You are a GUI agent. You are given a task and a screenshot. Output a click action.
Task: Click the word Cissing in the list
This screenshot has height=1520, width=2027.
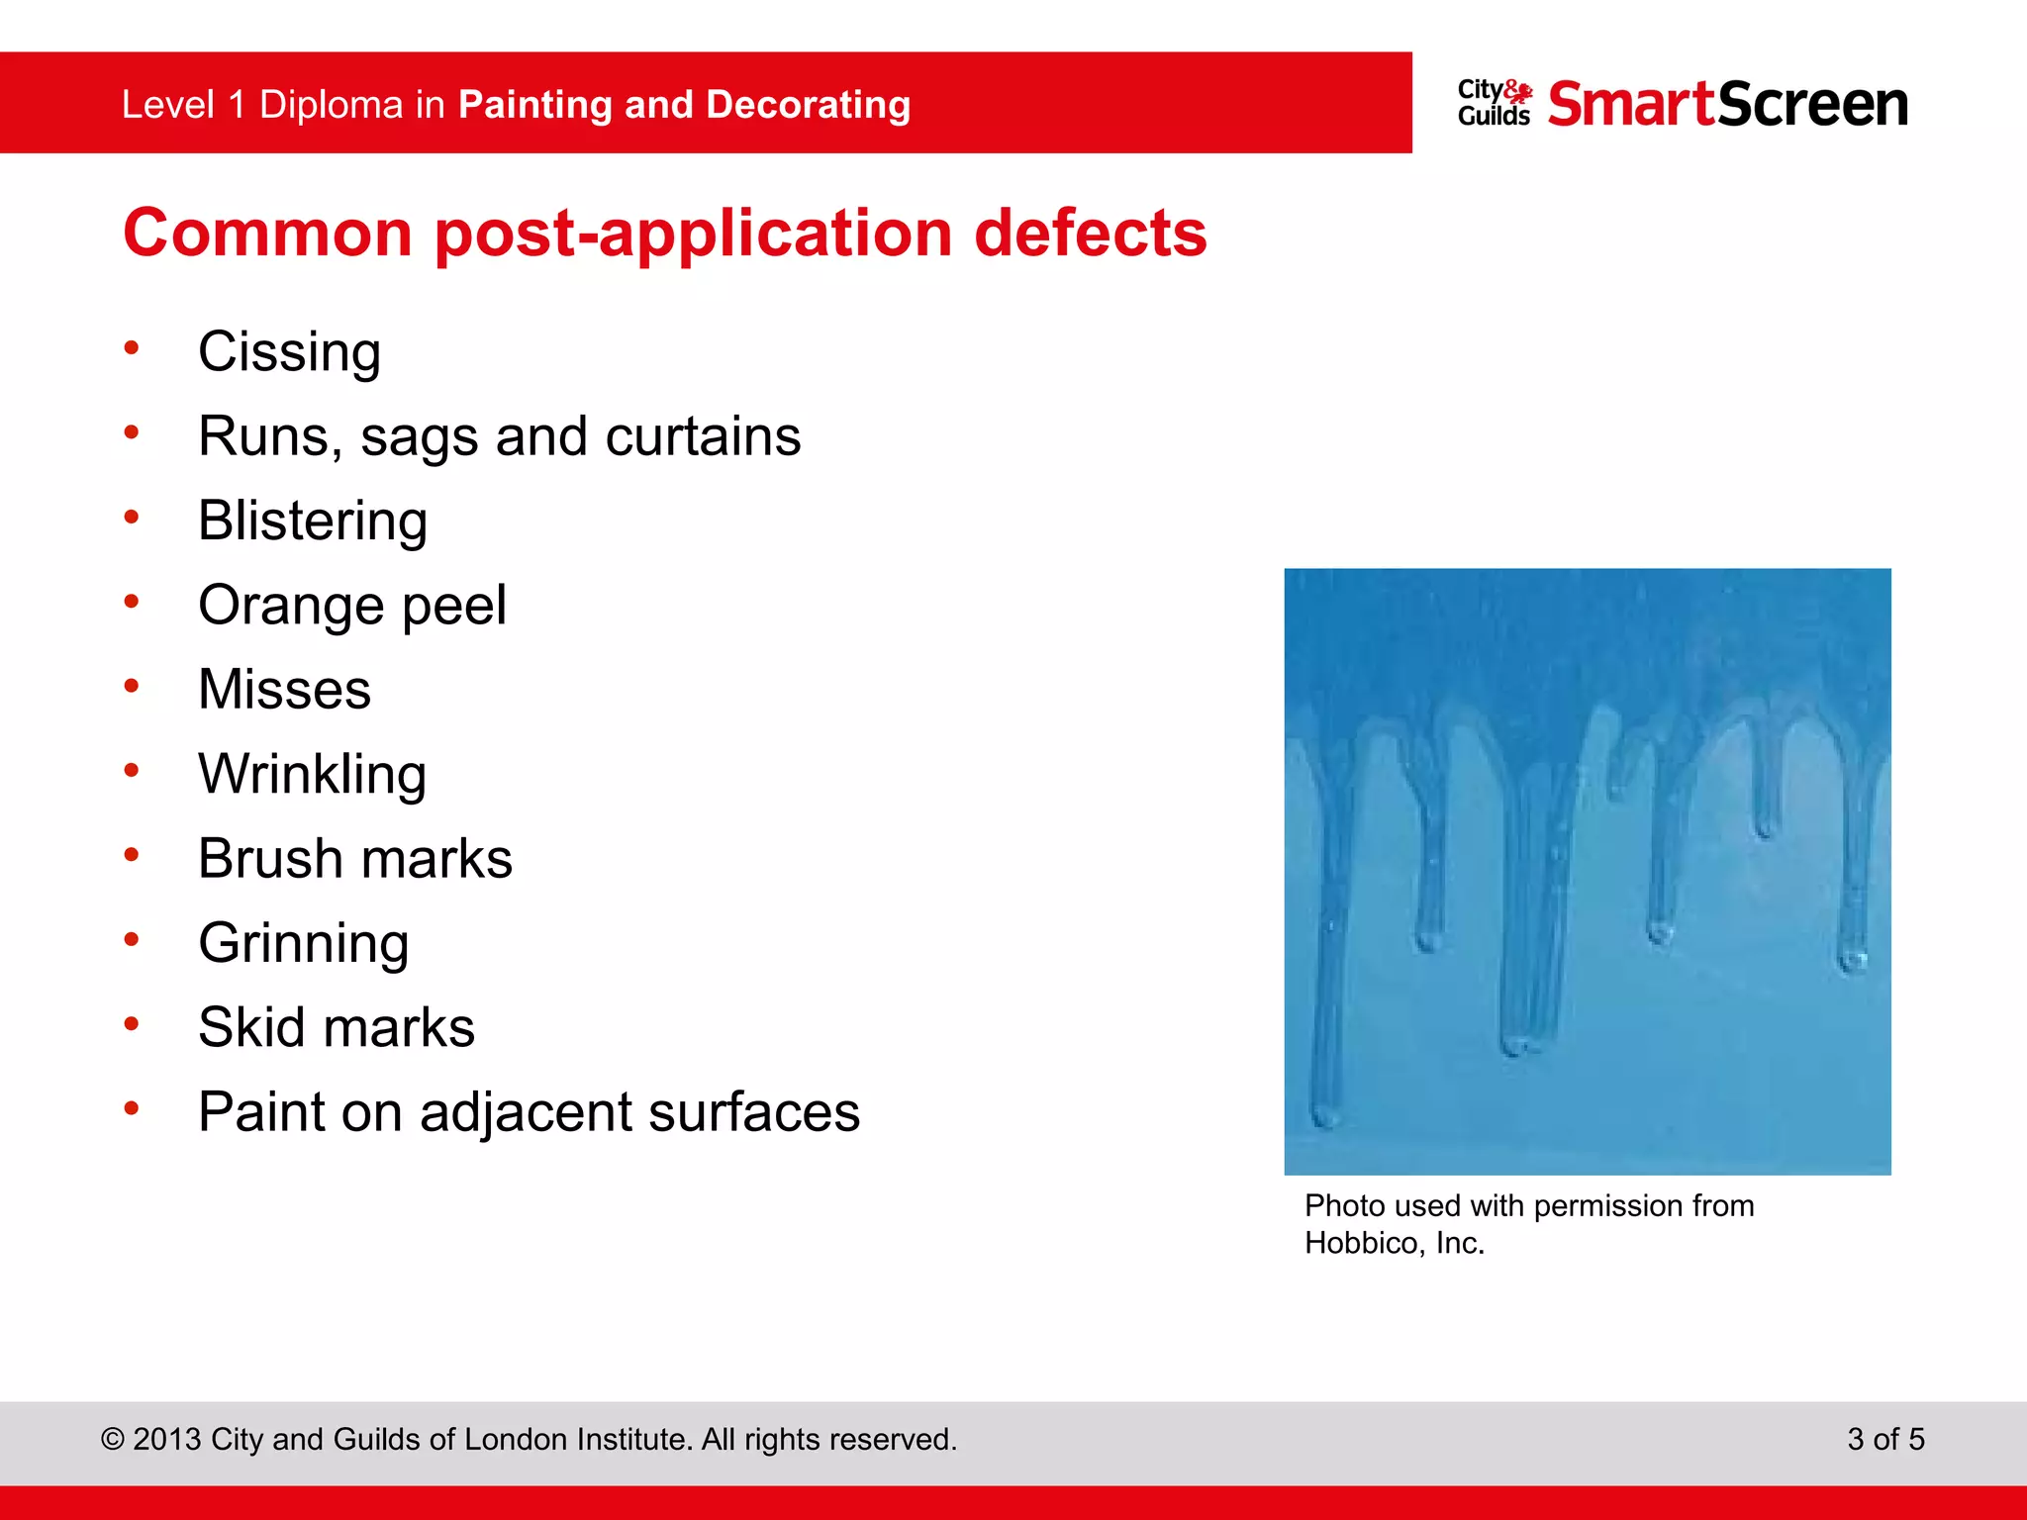tap(289, 352)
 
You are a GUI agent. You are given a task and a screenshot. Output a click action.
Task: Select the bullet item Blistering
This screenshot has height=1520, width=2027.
tap(313, 521)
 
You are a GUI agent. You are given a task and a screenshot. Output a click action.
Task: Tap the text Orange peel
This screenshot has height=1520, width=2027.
tap(352, 605)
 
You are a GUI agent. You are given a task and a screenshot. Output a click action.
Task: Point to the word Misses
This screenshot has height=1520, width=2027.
tap(285, 690)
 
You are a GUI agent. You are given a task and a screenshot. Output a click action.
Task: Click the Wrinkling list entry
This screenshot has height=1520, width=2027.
tap(313, 774)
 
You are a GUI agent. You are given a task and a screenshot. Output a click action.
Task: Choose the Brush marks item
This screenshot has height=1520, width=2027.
tap(355, 858)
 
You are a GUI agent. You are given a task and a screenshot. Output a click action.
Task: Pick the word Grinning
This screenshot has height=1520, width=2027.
tap(304, 943)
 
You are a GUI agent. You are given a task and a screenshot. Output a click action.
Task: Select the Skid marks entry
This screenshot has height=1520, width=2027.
tap(337, 1027)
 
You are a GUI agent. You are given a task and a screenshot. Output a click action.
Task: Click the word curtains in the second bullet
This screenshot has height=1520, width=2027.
tap(703, 436)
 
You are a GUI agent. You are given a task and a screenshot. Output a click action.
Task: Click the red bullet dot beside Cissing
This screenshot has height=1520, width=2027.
tap(132, 347)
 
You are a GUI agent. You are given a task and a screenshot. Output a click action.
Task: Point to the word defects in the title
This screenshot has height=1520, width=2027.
tap(1090, 234)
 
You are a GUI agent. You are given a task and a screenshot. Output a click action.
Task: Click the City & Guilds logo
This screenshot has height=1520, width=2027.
tap(1495, 103)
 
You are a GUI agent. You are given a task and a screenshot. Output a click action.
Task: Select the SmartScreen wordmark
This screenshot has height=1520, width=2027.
tap(1727, 104)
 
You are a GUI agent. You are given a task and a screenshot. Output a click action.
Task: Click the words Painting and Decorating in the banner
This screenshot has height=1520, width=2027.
tap(684, 105)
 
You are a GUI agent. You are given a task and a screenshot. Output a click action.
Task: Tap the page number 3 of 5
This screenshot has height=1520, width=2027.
tap(1885, 1439)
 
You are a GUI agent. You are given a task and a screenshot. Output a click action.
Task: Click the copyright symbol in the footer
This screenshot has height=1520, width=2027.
tap(112, 1440)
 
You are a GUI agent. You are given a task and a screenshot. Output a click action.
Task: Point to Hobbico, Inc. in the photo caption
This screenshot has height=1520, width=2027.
tap(1394, 1243)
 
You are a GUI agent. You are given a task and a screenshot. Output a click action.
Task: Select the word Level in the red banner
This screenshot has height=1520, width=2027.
tap(167, 105)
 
